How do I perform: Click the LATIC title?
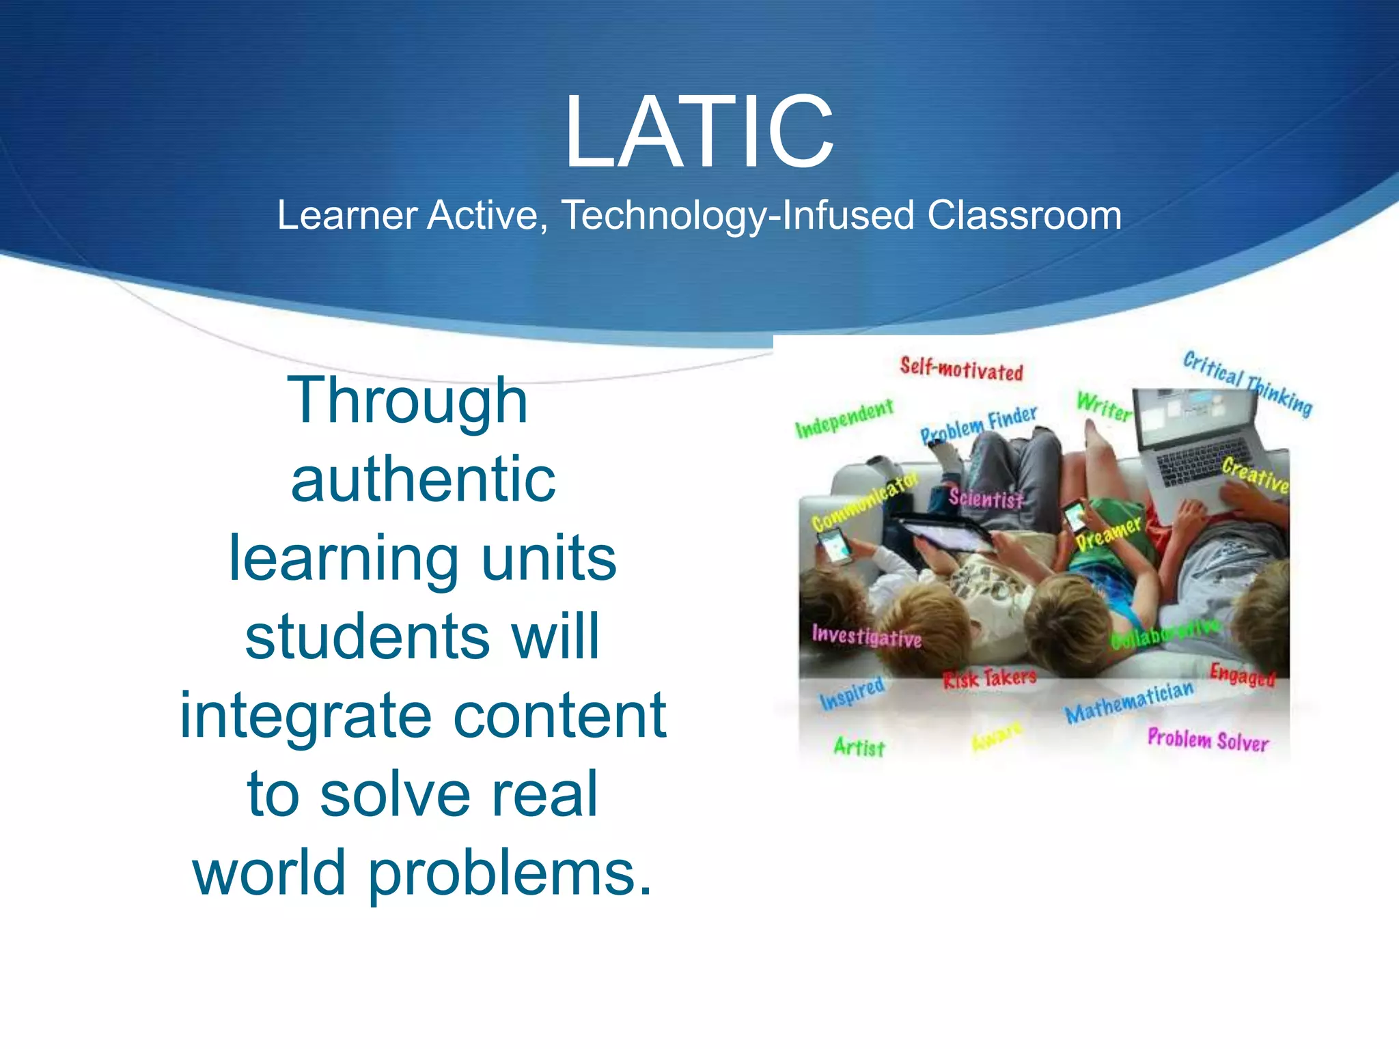[x=698, y=132]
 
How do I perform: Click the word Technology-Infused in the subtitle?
[x=737, y=215]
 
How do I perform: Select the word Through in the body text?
[x=408, y=401]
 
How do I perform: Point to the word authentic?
[x=423, y=479]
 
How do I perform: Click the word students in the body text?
[x=368, y=637]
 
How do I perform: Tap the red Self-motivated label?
[x=961, y=369]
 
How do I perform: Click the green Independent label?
[x=844, y=418]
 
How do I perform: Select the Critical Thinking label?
[x=1247, y=383]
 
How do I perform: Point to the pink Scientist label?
[x=986, y=499]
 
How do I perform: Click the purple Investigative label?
[x=866, y=637]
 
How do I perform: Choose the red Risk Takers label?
[x=989, y=678]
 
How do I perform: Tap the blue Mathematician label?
[x=1129, y=702]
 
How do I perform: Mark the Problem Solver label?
[x=1208, y=740]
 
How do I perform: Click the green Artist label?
[x=859, y=746]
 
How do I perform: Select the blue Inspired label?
[x=852, y=693]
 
